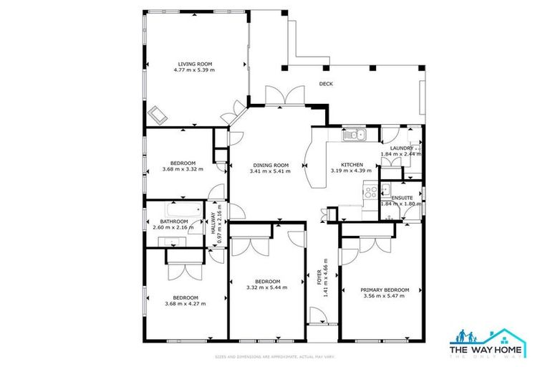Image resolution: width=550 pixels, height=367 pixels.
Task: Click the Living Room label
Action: click(x=194, y=65)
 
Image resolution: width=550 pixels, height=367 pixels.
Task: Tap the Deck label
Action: click(x=326, y=84)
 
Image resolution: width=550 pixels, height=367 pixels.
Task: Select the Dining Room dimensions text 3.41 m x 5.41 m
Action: click(x=269, y=171)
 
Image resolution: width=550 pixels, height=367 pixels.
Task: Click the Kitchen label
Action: click(x=351, y=164)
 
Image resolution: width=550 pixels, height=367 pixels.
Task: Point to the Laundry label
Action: click(x=402, y=148)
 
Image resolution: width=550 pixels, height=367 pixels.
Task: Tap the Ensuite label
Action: click(x=401, y=197)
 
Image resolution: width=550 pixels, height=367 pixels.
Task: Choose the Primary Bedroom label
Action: click(x=386, y=290)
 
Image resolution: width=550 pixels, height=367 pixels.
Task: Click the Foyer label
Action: click(x=320, y=277)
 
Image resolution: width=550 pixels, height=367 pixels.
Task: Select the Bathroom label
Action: click(x=173, y=221)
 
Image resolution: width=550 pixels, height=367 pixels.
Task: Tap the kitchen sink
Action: click(x=354, y=134)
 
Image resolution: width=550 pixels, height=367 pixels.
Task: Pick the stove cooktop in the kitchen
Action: click(x=371, y=191)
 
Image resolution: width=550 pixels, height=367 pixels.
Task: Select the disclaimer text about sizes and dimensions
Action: click(x=275, y=357)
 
